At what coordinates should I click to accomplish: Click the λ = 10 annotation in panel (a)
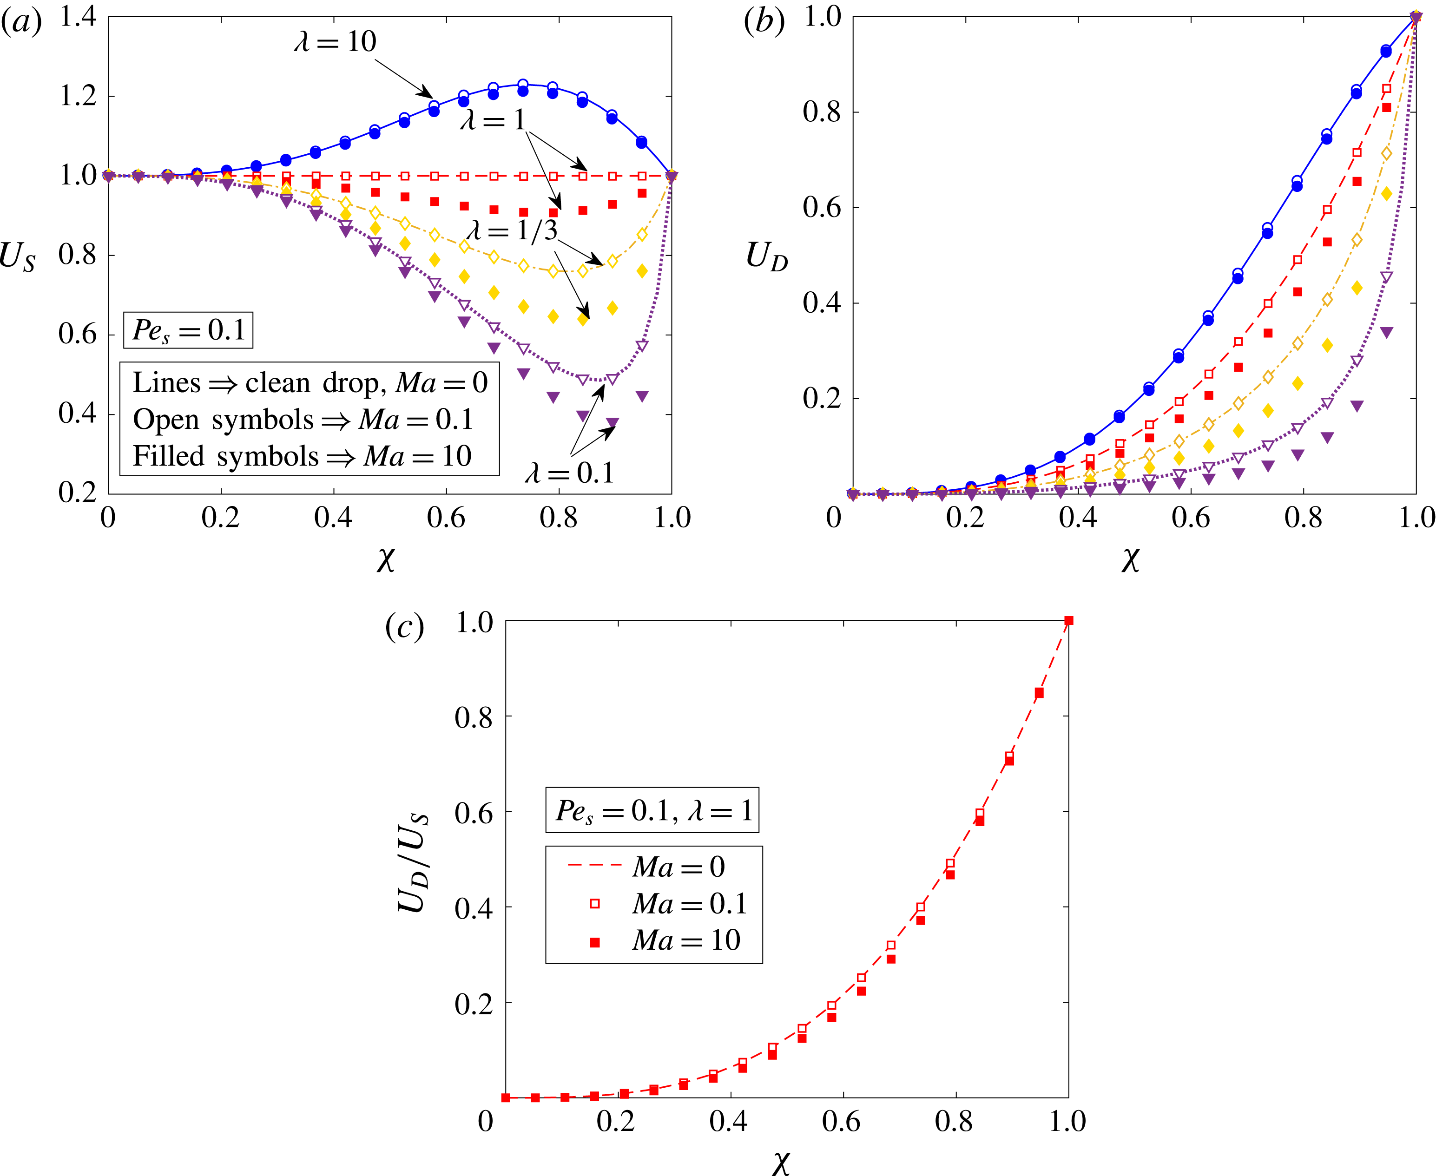click(335, 42)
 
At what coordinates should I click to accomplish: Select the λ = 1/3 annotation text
click(512, 230)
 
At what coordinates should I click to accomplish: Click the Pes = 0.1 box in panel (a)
click(188, 330)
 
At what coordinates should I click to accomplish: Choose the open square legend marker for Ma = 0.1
click(595, 904)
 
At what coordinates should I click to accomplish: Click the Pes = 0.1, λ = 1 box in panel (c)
click(652, 810)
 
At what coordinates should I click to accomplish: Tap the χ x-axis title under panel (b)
click(1130, 559)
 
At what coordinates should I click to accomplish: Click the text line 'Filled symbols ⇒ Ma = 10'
click(302, 456)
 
